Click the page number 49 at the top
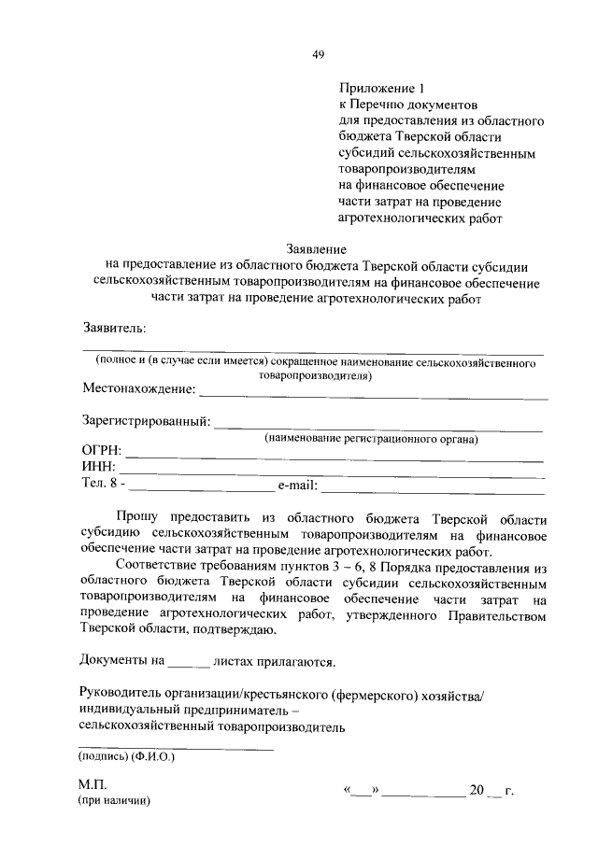pyautogui.click(x=318, y=54)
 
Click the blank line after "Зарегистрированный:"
pyautogui.click(x=378, y=429)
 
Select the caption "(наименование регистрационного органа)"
pyautogui.click(x=371, y=439)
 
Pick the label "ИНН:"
pyautogui.click(x=98, y=469)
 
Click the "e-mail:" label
pyautogui.click(x=298, y=486)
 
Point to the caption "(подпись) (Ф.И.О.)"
pyautogui.click(x=127, y=757)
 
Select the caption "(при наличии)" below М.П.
pyautogui.click(x=114, y=802)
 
